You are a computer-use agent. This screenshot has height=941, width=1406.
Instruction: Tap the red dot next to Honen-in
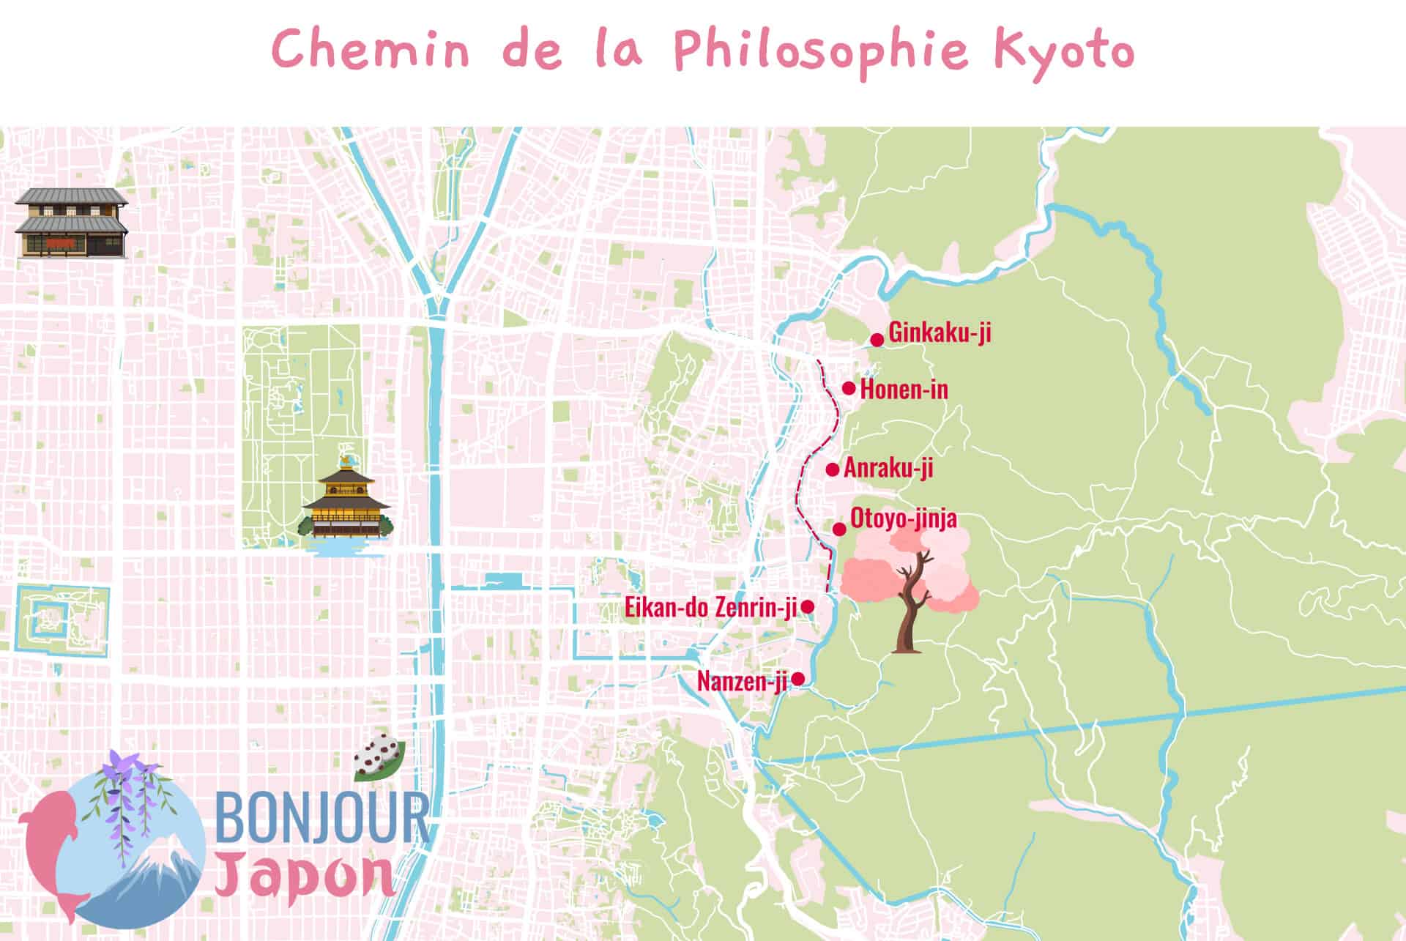click(x=849, y=388)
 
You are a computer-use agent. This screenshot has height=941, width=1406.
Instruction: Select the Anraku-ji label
click(x=888, y=468)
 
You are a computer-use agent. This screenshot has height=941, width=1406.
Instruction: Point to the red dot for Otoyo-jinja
click(x=840, y=529)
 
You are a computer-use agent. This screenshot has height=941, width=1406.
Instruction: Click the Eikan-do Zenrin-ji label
click(x=710, y=607)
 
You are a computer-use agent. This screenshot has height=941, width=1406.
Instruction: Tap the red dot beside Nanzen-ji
click(x=798, y=679)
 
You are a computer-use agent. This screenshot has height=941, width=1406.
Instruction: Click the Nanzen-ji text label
click(x=741, y=682)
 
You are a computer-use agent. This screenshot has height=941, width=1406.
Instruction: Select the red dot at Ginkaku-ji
click(x=877, y=340)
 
